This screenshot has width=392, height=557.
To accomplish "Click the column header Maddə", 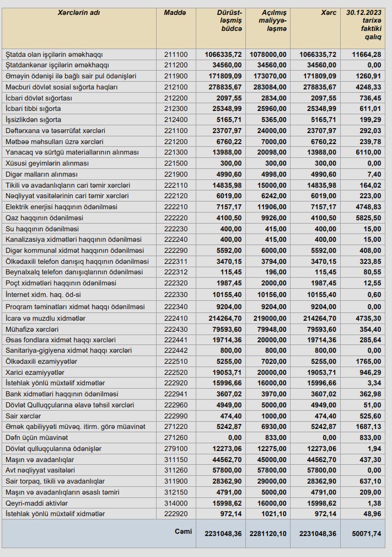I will point(175,12).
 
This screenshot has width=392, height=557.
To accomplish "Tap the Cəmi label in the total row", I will point(183,532).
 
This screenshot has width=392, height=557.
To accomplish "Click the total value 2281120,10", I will point(267,534).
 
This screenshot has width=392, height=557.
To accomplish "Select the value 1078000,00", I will point(267,55).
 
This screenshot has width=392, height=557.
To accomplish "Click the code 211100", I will point(176,55).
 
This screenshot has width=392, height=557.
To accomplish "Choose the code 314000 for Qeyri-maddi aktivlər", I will point(176,503).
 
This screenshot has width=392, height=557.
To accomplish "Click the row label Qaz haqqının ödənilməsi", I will point(44,218).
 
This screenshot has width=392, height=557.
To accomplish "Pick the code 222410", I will point(176,319).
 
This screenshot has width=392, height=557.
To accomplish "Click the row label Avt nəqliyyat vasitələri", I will point(40,470).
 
